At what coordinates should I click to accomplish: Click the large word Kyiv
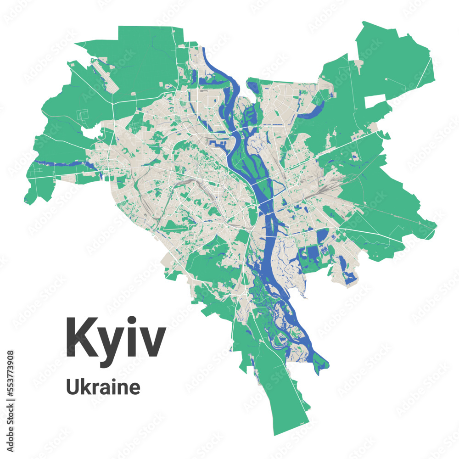(x=116, y=337)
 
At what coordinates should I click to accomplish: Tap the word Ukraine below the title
(x=103, y=387)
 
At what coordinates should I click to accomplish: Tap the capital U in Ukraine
(x=73, y=387)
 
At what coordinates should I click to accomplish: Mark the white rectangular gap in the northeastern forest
(x=375, y=101)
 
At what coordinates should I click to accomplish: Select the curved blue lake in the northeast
(x=312, y=110)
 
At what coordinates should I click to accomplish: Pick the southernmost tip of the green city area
(x=275, y=434)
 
